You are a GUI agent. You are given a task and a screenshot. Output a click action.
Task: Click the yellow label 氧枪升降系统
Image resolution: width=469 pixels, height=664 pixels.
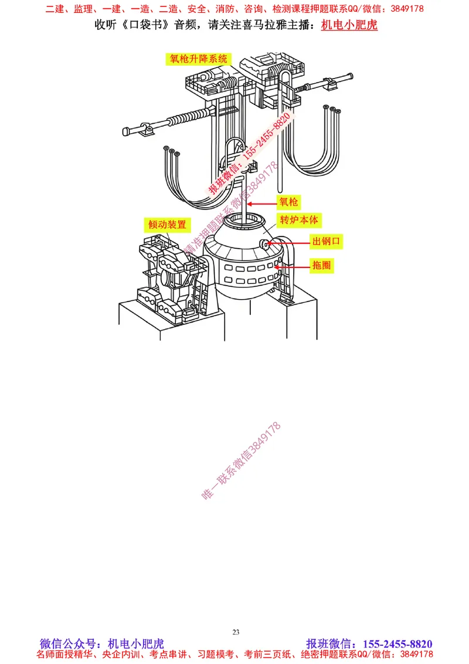[198, 59]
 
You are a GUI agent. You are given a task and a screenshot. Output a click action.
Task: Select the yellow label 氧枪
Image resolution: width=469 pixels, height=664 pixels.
[288, 202]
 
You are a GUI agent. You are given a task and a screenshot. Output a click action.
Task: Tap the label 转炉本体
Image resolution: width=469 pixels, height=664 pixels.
[299, 221]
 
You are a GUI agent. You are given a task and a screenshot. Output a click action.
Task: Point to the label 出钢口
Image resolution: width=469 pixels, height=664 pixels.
[327, 241]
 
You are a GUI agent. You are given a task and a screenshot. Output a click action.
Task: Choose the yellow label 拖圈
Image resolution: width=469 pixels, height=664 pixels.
[321, 265]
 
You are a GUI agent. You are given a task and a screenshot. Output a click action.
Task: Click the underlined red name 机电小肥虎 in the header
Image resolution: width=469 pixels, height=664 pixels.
[349, 25]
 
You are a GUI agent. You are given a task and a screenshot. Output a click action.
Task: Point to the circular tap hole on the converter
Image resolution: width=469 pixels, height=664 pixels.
[265, 244]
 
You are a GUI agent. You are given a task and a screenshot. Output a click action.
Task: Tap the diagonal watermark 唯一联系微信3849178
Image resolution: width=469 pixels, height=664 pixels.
[242, 461]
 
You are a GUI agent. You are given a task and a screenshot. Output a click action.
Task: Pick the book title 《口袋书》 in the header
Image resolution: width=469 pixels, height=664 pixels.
[145, 25]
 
